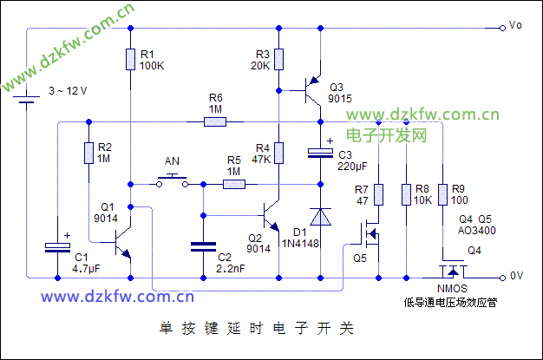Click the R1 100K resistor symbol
pos(130,58)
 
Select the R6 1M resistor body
pos(216,122)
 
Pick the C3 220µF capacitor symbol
pos(320,154)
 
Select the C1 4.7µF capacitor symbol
pos(57,247)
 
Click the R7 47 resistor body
pos(378,193)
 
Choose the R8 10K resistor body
pos(407,193)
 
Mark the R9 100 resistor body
pos(442,193)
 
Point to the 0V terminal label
pos(516,276)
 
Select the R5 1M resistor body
pos(233,183)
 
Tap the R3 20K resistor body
pos(278,58)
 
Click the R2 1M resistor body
pos(88,154)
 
